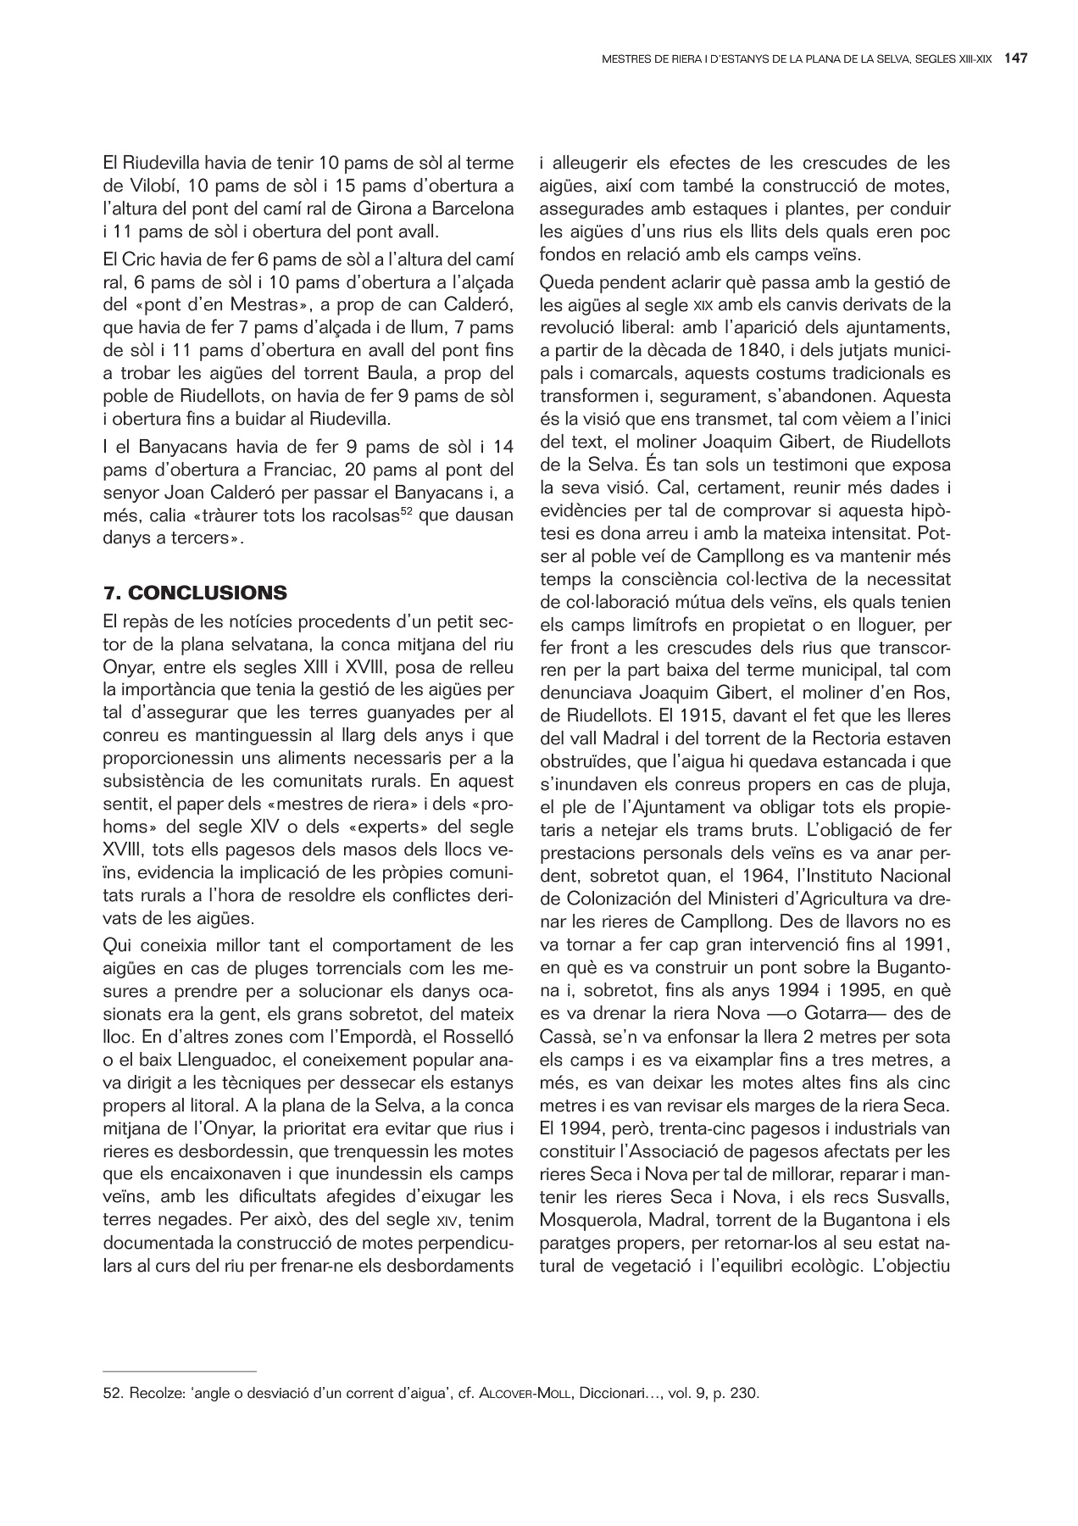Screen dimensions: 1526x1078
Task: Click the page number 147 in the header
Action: [x=1016, y=58]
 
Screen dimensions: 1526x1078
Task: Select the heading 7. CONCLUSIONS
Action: [x=194, y=592]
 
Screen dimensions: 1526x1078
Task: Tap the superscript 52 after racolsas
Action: [x=407, y=511]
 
